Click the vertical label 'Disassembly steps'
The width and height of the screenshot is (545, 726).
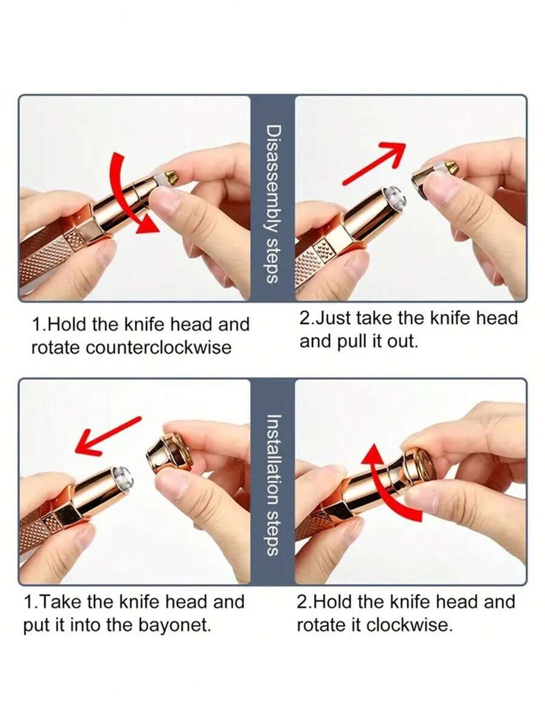[x=272, y=203]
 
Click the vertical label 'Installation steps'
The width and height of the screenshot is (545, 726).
[x=272, y=484]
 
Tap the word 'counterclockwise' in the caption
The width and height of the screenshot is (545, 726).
[x=158, y=347]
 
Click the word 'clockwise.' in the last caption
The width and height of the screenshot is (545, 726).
[x=409, y=625]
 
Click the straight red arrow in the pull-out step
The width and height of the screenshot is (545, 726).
[x=374, y=164]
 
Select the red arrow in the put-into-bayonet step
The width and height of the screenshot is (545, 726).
[x=107, y=436]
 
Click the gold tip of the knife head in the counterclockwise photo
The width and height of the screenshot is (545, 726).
[x=171, y=176]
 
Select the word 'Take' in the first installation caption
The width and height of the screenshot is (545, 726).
[x=60, y=602]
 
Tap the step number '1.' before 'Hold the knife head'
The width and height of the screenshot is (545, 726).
[x=39, y=325]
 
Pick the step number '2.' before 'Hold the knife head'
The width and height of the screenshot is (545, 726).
[x=304, y=602]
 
